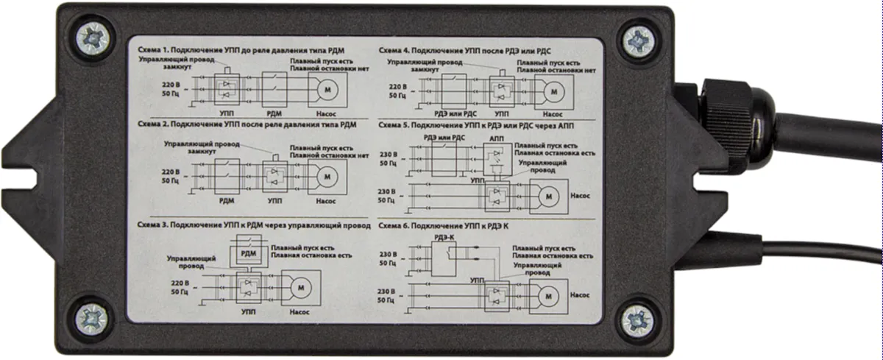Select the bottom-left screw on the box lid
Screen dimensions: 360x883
pos(93,319)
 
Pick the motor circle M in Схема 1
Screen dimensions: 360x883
pos(324,89)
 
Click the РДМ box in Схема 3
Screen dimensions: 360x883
pos(247,254)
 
